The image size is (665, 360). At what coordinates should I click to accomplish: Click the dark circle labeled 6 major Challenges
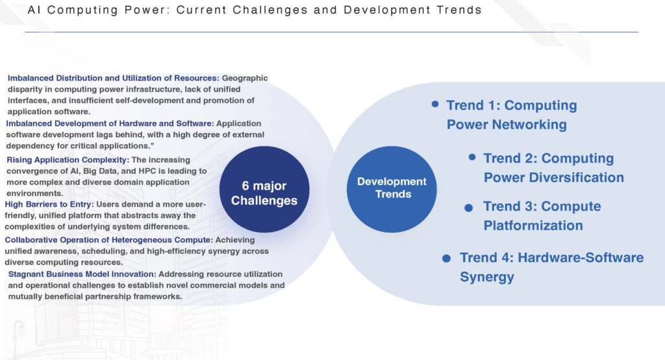click(264, 189)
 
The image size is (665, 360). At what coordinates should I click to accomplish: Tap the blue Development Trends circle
click(392, 189)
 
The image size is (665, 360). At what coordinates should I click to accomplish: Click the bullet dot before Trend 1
click(435, 104)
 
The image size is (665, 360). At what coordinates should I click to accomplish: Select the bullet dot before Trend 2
click(472, 157)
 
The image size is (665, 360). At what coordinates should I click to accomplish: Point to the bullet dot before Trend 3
click(469, 207)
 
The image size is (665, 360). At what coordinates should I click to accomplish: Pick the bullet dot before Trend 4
click(447, 258)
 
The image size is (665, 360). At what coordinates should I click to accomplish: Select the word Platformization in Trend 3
click(533, 225)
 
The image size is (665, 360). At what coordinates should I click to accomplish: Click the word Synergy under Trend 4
click(487, 277)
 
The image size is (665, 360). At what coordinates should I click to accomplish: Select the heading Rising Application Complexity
click(68, 160)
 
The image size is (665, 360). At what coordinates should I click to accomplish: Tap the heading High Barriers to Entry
click(49, 204)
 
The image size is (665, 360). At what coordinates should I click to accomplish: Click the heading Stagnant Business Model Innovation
click(82, 274)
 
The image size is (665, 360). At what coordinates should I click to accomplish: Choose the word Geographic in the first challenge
click(245, 78)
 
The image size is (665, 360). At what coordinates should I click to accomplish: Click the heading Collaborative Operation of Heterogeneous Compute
click(109, 240)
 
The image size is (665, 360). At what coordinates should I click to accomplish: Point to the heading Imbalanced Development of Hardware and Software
click(110, 123)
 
